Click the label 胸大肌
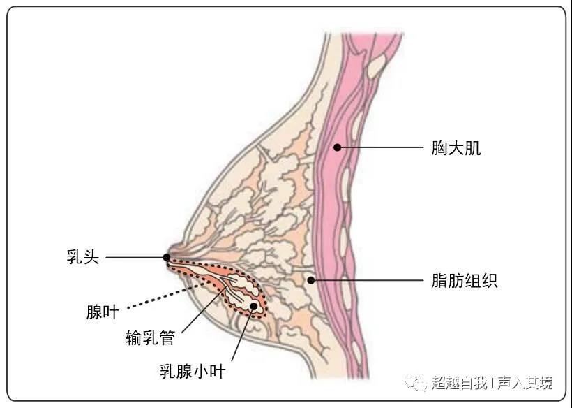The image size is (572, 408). [x=456, y=148]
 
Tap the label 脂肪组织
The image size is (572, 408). [x=465, y=281]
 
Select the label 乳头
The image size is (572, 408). [x=83, y=257]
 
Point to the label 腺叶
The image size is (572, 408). [x=103, y=312]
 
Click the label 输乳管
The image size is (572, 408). [x=151, y=337]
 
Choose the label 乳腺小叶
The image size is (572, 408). [x=193, y=371]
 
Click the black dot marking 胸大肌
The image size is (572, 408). [x=338, y=147]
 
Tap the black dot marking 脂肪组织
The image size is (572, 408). [x=311, y=280]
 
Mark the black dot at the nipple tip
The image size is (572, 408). [x=166, y=257]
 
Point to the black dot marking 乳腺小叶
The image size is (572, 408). [x=253, y=306]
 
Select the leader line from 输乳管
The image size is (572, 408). [x=204, y=310]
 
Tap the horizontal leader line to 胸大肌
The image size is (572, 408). [x=380, y=147]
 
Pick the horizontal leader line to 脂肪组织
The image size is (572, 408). [x=367, y=281]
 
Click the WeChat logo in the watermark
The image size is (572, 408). [x=416, y=382]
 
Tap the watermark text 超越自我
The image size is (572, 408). [x=460, y=383]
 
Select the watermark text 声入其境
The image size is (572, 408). [x=525, y=383]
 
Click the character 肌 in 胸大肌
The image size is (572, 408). [x=473, y=148]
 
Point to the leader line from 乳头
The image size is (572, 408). [x=136, y=257]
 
